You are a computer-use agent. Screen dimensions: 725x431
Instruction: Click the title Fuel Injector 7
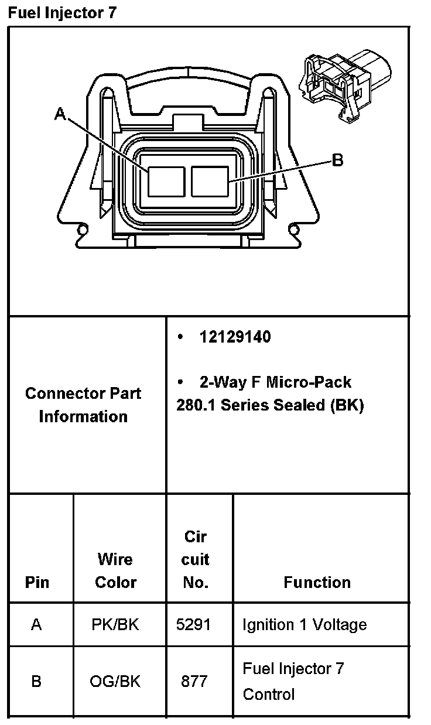point(62,13)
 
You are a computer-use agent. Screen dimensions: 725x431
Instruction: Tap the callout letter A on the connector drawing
point(60,114)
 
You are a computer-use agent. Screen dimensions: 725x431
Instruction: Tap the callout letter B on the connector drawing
point(337,159)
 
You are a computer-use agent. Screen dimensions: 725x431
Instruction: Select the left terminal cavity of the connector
point(166,181)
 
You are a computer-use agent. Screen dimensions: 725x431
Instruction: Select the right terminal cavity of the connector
point(210,181)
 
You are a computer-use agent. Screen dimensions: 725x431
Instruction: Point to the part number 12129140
point(235,337)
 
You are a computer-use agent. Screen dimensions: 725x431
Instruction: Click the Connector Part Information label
point(83,405)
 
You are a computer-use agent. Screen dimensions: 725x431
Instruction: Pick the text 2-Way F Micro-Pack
point(275,382)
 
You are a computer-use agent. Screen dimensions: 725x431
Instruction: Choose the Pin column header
point(37,582)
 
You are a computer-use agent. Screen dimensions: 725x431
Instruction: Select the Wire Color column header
point(115,570)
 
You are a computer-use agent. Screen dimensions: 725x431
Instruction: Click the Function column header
point(317,582)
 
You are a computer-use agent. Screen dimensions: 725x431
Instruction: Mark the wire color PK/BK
point(115,625)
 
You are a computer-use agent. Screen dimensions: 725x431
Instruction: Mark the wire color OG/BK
point(115,681)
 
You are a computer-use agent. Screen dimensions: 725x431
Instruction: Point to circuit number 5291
point(193,625)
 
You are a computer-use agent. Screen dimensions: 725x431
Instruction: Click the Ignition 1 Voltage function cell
point(305,625)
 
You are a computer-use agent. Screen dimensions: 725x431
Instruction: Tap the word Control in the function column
point(269,695)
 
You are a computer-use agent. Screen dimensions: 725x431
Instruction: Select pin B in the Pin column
point(36,681)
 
